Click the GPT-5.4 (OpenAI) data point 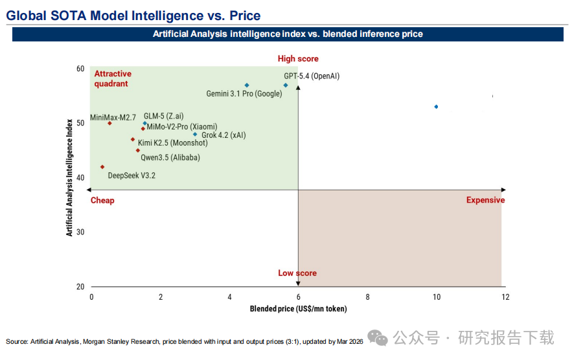pos(286,85)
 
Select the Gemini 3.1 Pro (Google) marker pos(247,85)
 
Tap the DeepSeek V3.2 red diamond pos(102,167)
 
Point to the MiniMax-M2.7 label pos(113,117)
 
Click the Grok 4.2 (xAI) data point pos(195,135)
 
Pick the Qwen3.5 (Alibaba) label pos(170,157)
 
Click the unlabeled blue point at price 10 pos(436,107)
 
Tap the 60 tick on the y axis pos(80,69)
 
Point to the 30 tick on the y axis pos(80,232)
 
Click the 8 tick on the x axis pos(367,297)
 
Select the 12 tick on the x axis pos(505,297)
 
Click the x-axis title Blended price pos(298,309)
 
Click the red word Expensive pos(485,200)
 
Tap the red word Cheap pos(102,200)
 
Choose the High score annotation pos(298,59)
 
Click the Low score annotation pos(297,273)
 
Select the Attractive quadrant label pos(113,78)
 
